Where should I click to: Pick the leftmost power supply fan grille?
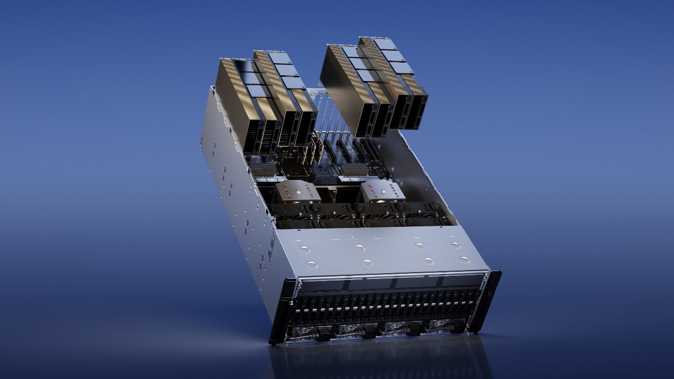303,333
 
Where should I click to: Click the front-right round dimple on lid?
464,259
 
